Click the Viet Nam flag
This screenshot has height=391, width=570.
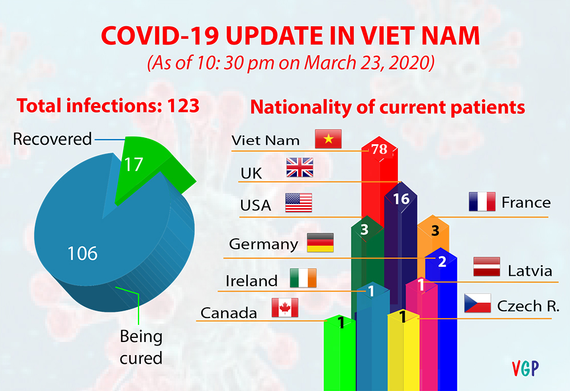(328, 139)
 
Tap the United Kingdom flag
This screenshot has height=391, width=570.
(300, 168)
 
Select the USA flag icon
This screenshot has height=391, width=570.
(299, 203)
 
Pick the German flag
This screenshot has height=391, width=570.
(320, 243)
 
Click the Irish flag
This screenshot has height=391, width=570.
(303, 278)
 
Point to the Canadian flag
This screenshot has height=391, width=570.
(285, 308)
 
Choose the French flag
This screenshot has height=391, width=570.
(482, 202)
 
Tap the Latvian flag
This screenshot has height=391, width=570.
(487, 267)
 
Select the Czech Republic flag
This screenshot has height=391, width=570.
(478, 303)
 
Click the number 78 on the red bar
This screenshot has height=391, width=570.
(379, 149)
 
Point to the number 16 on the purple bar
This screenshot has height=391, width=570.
(401, 199)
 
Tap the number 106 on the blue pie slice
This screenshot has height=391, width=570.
(83, 253)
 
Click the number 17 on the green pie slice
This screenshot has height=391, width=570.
(133, 165)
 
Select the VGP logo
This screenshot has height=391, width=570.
(526, 368)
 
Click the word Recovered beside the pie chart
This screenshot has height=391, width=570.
(52, 139)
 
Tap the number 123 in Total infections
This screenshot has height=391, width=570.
(183, 106)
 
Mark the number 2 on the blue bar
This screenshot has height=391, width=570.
(442, 262)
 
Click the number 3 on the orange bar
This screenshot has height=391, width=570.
(435, 231)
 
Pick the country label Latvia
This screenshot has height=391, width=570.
(530, 271)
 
